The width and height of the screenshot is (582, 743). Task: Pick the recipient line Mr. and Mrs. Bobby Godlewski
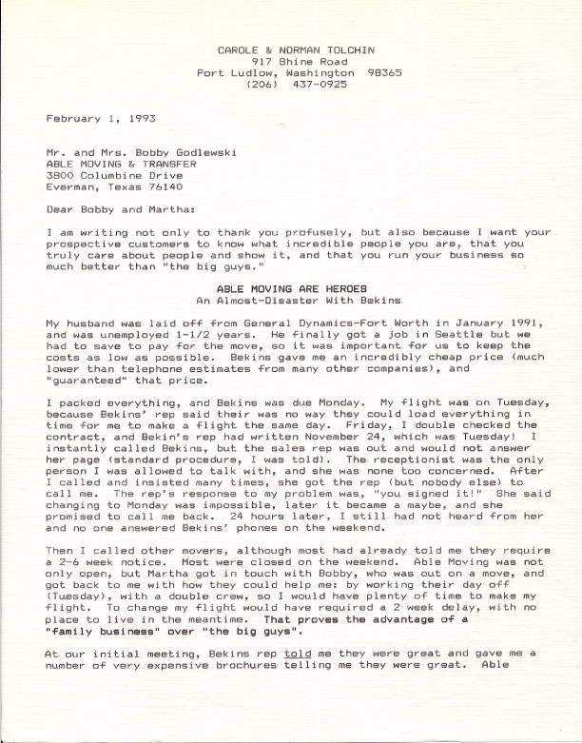pos(135,151)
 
